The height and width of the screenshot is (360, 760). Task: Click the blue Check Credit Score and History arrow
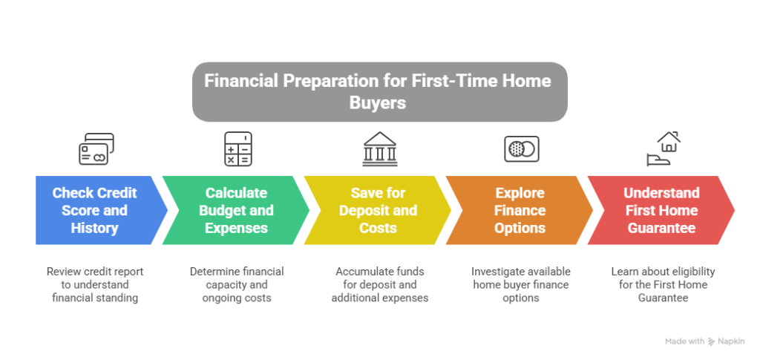pos(97,210)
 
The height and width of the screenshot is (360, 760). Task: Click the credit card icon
pos(96,148)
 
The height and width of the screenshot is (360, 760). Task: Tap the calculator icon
pos(238,148)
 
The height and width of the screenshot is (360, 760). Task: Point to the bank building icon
pos(380,148)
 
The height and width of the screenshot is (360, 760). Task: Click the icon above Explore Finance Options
pos(522,148)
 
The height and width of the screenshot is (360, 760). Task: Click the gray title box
pos(379,91)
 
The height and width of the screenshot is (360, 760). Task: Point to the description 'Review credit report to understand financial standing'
pos(95,284)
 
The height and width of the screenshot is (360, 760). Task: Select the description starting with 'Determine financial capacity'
pos(237,284)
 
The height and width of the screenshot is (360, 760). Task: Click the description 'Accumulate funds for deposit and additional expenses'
pos(379,284)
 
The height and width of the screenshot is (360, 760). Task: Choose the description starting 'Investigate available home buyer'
pos(520,284)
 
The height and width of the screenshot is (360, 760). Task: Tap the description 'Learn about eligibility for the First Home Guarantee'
pos(663,284)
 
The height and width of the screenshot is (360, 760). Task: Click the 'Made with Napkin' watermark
pos(704,341)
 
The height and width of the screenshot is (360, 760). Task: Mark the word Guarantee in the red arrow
pos(661,228)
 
